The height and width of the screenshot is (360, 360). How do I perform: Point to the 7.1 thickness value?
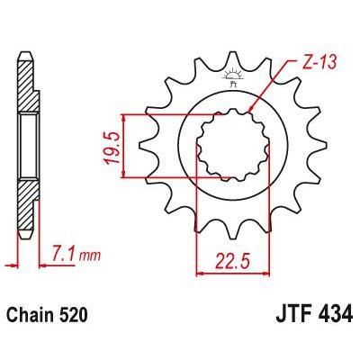62,256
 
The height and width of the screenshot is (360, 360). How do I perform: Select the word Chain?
32,317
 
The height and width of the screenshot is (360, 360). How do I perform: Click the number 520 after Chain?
74,317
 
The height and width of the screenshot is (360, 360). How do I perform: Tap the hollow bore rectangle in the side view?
25,145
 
